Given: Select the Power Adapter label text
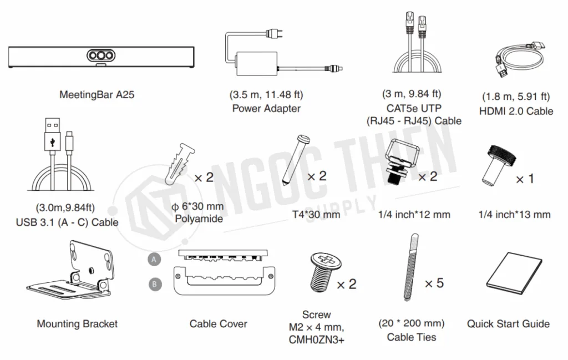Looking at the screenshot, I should [x=266, y=108].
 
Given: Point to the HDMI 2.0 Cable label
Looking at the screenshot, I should [x=517, y=111].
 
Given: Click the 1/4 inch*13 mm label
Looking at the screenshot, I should [x=515, y=214].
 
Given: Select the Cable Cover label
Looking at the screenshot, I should [x=218, y=324].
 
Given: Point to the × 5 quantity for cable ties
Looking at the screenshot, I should [x=434, y=283].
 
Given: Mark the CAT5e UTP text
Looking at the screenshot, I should [x=412, y=108].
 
